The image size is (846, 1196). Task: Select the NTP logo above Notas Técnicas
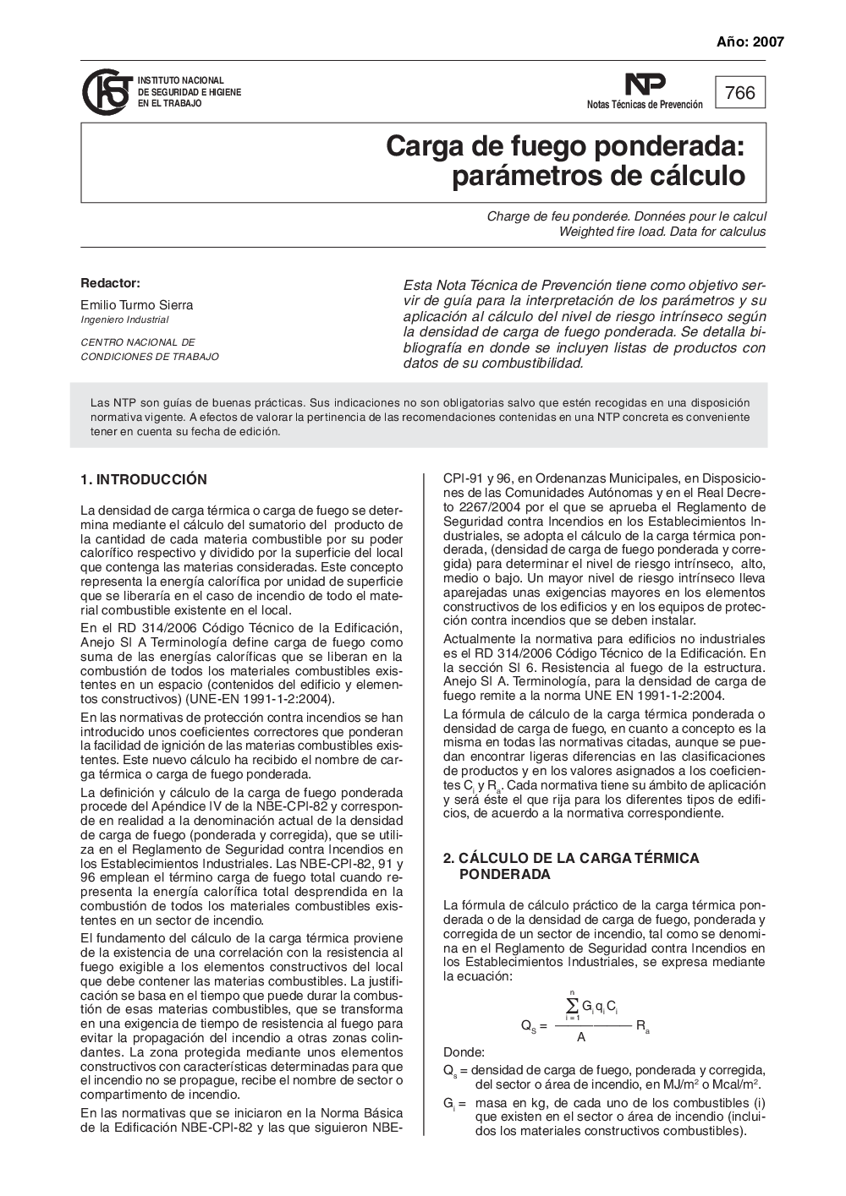(x=645, y=85)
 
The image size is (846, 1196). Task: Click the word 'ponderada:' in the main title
(x=676, y=146)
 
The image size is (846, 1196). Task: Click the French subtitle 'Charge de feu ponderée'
(x=554, y=216)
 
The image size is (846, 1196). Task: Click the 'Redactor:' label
(x=110, y=283)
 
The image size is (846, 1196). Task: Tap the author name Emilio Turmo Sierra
(x=136, y=305)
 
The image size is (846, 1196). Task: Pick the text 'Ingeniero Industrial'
(x=124, y=319)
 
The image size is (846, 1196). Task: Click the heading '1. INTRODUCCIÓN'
(x=143, y=480)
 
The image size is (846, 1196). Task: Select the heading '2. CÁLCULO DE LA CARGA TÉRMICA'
(x=571, y=858)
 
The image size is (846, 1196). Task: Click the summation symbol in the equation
(x=572, y=1004)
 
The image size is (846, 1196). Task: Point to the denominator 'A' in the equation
(x=581, y=1037)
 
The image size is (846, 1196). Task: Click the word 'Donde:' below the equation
(x=464, y=1052)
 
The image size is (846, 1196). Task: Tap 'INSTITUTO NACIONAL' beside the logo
(x=180, y=80)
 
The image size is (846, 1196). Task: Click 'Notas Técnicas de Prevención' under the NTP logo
(x=645, y=105)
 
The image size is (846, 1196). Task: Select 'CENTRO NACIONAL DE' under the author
(x=137, y=342)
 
